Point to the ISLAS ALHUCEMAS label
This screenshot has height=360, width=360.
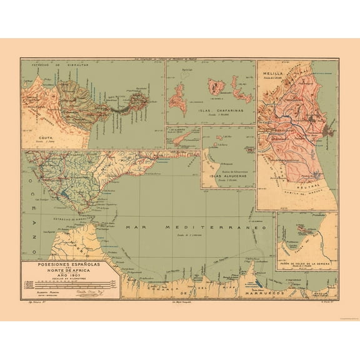click(x=228, y=176)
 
